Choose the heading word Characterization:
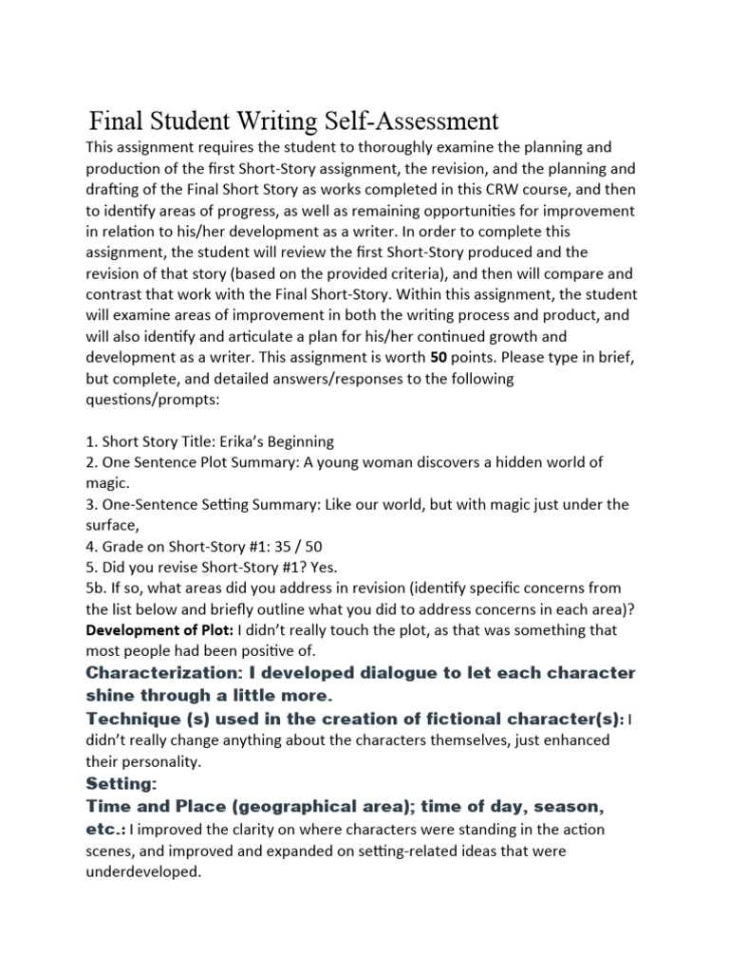point(163,673)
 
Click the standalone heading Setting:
point(121,785)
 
